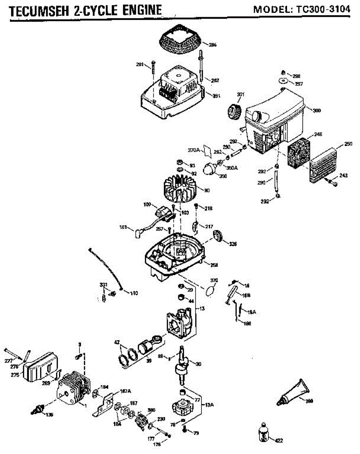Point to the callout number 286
[x=213, y=45]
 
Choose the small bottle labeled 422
[x=265, y=433]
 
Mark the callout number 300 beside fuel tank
[x=317, y=110]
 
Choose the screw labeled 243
[x=333, y=183]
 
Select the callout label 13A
[x=209, y=404]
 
